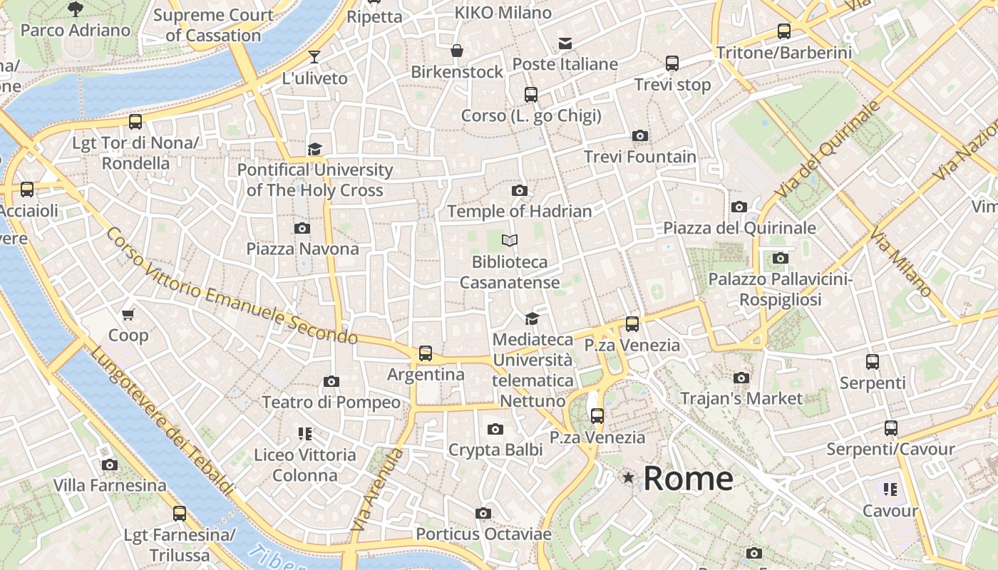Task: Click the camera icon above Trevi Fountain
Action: pos(640,135)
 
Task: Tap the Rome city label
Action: pos(688,478)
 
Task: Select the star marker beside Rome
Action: pos(628,477)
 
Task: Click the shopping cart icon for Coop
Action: pos(128,314)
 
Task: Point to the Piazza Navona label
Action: pos(302,249)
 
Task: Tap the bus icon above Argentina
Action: pos(426,353)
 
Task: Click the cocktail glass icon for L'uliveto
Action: pos(314,56)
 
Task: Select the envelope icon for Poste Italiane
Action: pos(565,43)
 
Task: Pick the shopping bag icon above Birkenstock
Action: pos(457,51)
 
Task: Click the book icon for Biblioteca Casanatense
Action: pos(509,240)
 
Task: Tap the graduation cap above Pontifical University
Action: pos(314,149)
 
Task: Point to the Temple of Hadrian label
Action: pos(520,212)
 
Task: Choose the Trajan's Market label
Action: pos(741,398)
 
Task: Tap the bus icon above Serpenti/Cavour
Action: pos(890,428)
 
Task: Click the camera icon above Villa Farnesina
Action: pos(110,465)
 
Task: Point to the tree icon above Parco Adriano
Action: pos(76,9)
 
